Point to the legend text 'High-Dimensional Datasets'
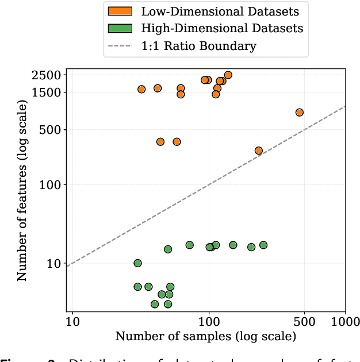222,28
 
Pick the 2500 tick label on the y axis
48,75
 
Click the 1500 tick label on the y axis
48,92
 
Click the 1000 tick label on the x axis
344,319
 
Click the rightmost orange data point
299,112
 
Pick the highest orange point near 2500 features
228,75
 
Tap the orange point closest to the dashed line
259,151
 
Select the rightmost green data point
263,245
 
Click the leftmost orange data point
141,89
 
